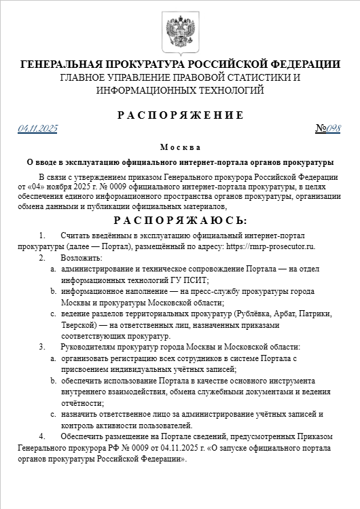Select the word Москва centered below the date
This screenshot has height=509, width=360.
coord(180,147)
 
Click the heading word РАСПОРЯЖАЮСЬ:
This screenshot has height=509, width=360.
coord(180,221)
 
